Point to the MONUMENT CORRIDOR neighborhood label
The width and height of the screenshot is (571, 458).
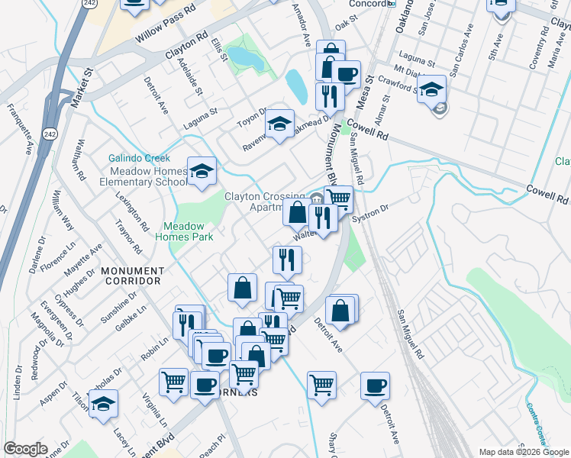[133, 276]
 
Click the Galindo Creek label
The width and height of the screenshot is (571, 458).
[138, 158]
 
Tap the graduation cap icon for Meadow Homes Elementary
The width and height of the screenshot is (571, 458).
[202, 172]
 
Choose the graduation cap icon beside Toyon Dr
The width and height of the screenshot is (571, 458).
[280, 124]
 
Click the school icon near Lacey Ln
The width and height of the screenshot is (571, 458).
[103, 405]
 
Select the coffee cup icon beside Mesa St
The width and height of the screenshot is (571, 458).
[346, 75]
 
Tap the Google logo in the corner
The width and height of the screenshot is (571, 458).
[25, 449]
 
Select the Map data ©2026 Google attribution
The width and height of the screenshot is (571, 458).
[524, 452]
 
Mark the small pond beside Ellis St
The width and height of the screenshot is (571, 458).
[245, 56]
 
